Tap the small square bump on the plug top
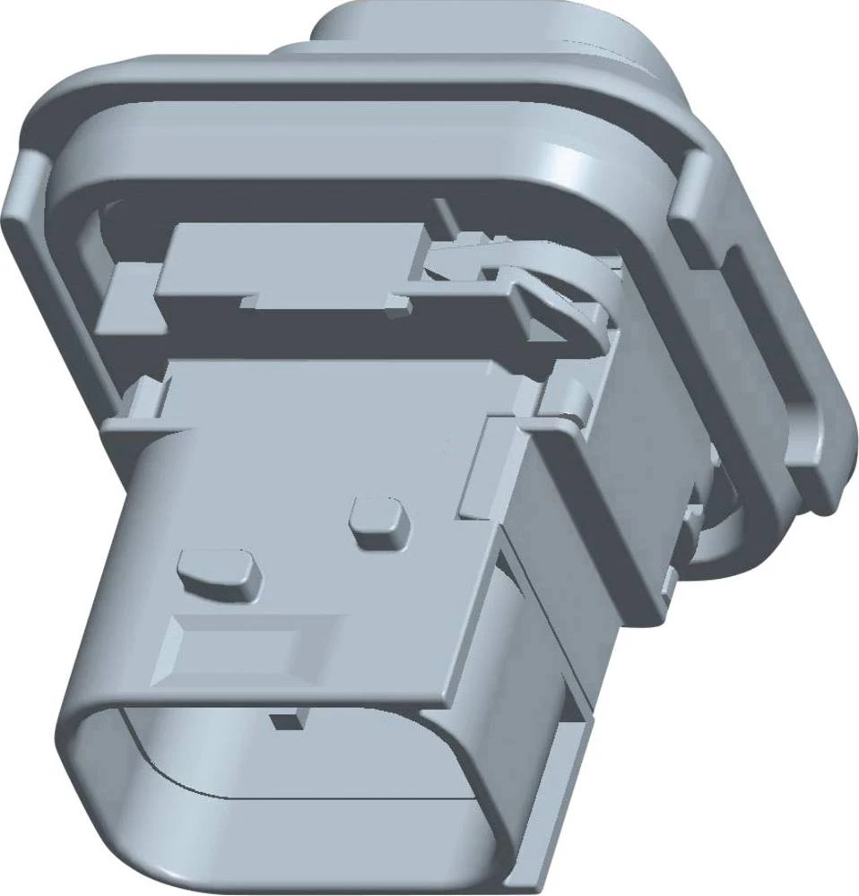coord(377,523)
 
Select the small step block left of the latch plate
coord(126,296)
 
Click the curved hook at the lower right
coord(717,547)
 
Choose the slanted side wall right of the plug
coord(592,520)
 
